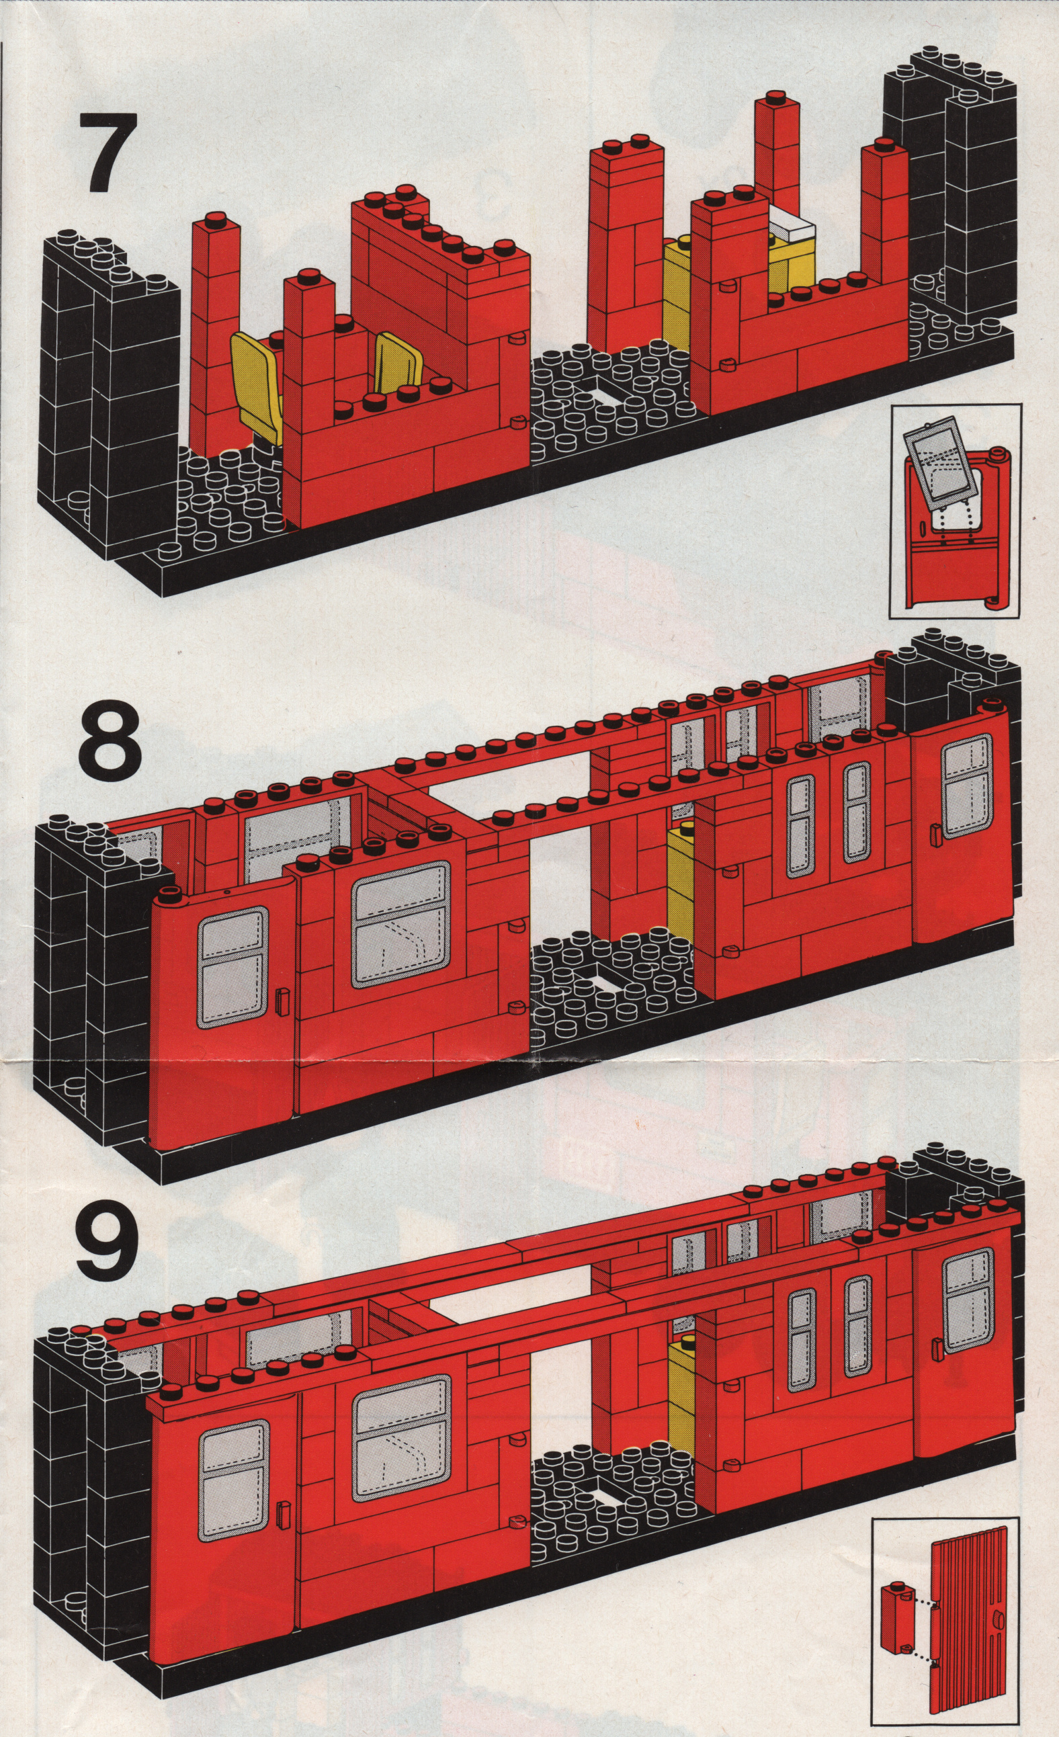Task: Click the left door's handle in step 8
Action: tap(284, 1002)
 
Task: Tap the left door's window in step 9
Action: tap(232, 1466)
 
